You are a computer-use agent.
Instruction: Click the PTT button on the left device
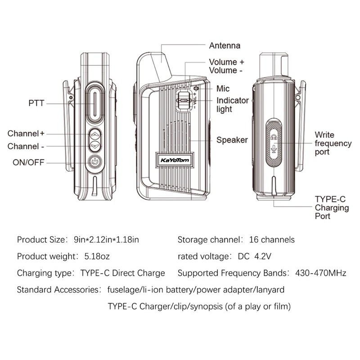(x=95, y=104)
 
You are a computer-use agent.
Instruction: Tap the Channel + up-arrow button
(x=95, y=134)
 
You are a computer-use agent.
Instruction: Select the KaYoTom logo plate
(x=175, y=160)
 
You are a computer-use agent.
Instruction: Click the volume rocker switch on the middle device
(x=184, y=100)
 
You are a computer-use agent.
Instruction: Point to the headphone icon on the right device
(x=274, y=137)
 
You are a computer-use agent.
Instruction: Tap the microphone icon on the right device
(x=274, y=148)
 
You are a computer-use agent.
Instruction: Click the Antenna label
(x=225, y=45)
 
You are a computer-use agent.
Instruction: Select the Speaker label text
(x=232, y=140)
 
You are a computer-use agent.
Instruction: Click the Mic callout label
(x=223, y=88)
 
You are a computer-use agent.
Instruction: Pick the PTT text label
(x=36, y=103)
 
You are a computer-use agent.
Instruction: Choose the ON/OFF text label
(x=28, y=162)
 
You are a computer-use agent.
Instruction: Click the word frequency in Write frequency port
(x=333, y=144)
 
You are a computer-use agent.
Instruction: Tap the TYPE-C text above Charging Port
(x=330, y=199)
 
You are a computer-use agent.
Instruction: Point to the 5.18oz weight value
(x=97, y=256)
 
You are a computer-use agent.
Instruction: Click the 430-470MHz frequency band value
(x=321, y=273)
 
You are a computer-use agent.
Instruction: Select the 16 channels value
(x=272, y=240)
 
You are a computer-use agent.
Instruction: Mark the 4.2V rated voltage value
(x=263, y=256)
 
